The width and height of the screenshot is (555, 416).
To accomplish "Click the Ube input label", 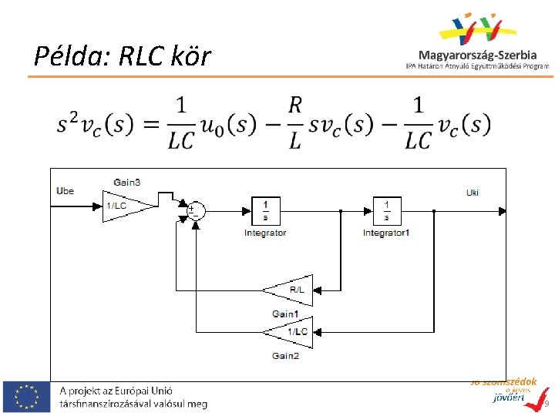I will (66, 190).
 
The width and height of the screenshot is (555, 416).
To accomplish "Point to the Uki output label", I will (473, 193).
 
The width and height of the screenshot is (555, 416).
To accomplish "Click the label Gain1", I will (284, 314).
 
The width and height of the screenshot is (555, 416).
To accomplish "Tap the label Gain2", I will (284, 355).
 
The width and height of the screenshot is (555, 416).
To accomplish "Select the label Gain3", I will (126, 183).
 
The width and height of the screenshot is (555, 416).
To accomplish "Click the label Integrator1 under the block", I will (385, 233).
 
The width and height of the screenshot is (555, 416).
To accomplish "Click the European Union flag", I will (27, 396).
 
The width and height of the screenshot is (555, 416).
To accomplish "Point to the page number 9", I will (546, 404).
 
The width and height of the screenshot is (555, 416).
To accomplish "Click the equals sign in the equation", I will (150, 123).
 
